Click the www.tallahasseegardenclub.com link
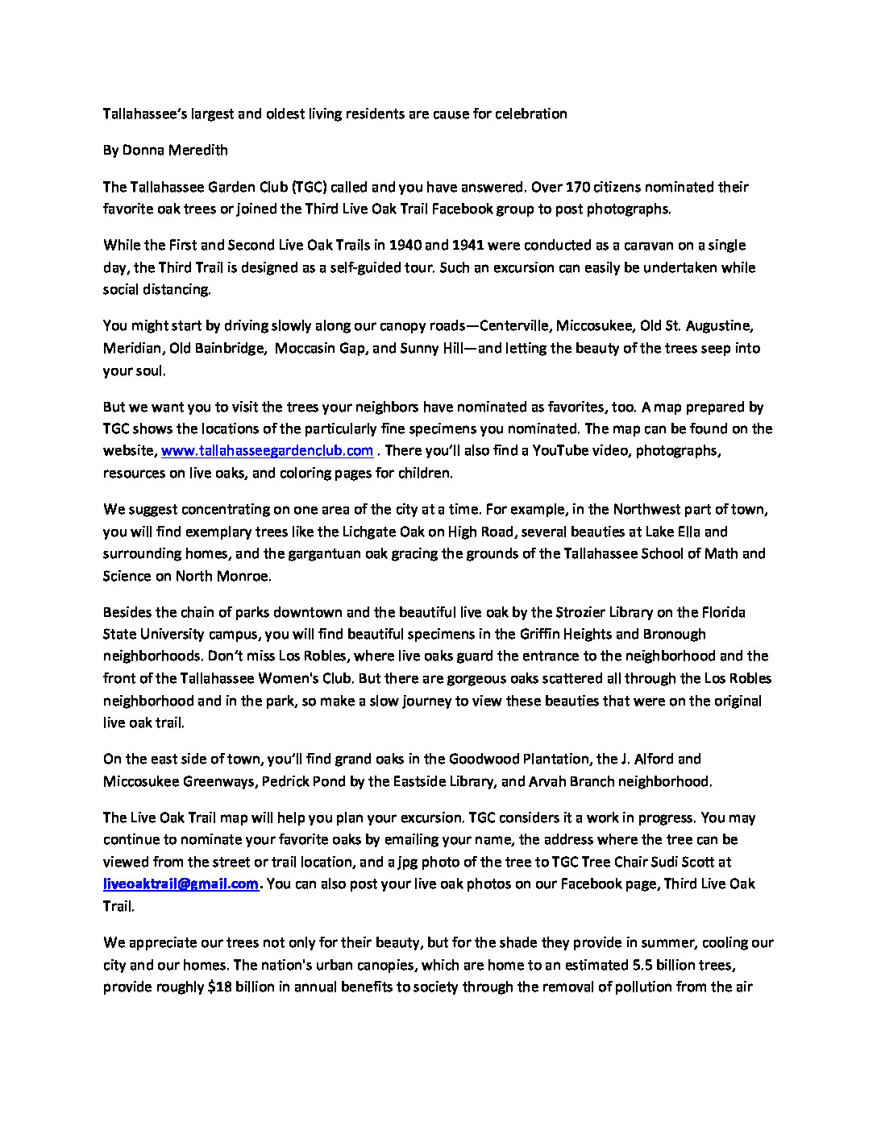tap(267, 451)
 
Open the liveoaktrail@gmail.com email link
tap(181, 884)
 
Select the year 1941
tap(468, 245)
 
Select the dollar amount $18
tap(219, 987)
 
